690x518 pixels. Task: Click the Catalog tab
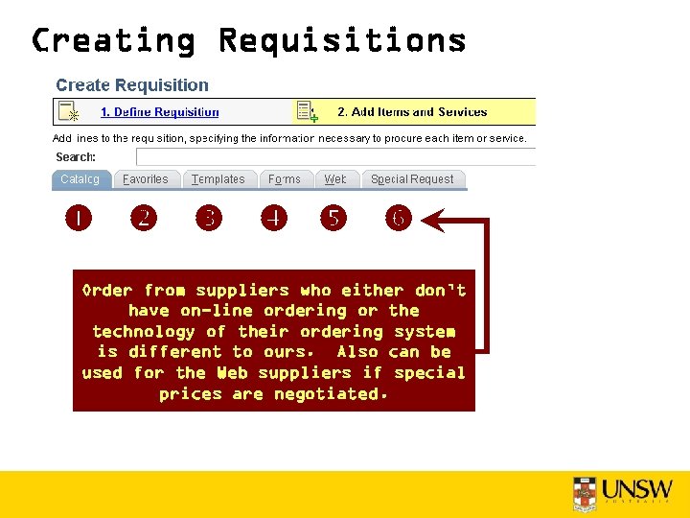tap(80, 179)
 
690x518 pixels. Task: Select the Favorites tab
tap(146, 179)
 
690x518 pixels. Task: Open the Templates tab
tap(218, 179)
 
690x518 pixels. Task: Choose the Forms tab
tap(285, 179)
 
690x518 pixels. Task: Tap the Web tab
tap(335, 179)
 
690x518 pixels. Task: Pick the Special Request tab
tap(412, 179)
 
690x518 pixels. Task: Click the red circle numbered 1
tap(79, 219)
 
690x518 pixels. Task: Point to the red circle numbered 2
tap(144, 219)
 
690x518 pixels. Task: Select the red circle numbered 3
tap(209, 219)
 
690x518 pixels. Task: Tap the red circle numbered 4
tap(274, 219)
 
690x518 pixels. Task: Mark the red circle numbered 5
tap(333, 219)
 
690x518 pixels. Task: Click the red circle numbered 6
tap(399, 219)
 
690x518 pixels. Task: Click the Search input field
tap(335, 157)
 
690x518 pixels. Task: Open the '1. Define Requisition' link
tap(160, 112)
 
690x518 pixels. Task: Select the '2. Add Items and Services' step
tap(412, 112)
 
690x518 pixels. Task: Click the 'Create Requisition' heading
tap(132, 85)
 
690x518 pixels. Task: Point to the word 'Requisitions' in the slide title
tap(342, 41)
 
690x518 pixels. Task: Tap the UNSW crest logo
tap(585, 490)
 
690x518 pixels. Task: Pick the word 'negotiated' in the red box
tap(327, 394)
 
